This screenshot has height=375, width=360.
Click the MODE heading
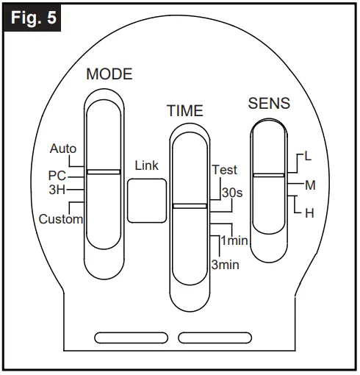pos(109,74)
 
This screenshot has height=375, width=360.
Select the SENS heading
pos(268,104)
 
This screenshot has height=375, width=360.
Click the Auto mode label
pos(63,149)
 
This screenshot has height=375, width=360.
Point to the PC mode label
pos(58,176)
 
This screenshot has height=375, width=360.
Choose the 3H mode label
pos(58,189)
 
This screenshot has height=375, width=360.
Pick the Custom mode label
pos(61,218)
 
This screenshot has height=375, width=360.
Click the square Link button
pos(146,201)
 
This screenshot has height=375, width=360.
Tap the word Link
pos(146,166)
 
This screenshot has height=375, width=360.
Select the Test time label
pos(224,169)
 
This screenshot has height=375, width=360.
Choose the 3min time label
pos(224,264)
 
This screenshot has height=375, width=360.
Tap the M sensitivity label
pos(309,185)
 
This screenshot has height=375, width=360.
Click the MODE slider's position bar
pos(104,171)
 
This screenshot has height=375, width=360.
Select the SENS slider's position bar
pos(268,175)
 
